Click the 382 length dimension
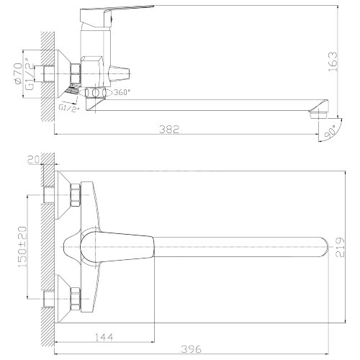[169, 129]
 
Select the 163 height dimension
[333, 62]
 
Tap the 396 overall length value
[192, 348]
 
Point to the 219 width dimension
[340, 247]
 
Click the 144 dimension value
[104, 337]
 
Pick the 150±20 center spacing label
[22, 247]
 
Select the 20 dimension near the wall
[33, 160]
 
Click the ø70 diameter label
[18, 73]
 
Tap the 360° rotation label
[122, 92]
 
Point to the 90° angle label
[330, 132]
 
